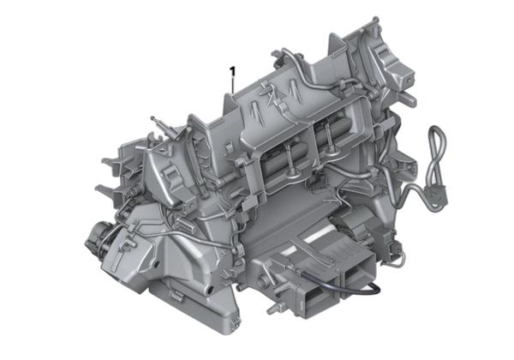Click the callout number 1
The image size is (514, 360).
232,70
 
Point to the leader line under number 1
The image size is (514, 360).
232,84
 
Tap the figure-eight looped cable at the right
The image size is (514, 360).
437,154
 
